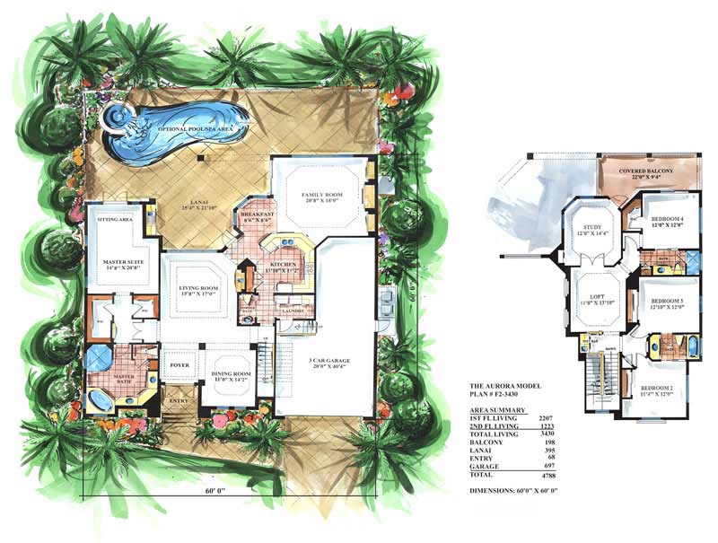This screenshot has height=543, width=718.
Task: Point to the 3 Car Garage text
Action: [x=330, y=360]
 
